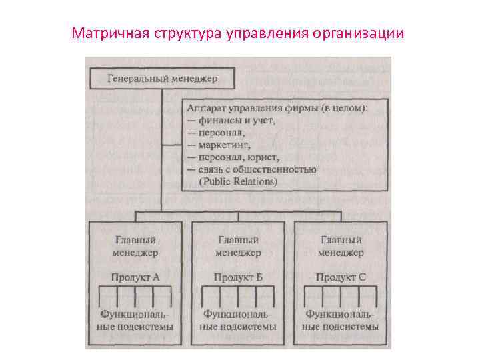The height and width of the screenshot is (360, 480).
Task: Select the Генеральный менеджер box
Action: (163, 79)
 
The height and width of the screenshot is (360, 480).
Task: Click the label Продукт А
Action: (136, 277)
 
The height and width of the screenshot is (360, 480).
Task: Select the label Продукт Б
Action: (238, 277)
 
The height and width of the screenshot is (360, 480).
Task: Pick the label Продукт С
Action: (341, 277)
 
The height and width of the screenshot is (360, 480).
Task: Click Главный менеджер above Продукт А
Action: (136, 246)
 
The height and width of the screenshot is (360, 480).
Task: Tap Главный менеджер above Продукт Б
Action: (238, 246)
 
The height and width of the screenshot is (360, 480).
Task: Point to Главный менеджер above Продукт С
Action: (341, 246)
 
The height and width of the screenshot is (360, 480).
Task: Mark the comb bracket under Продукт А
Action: (136, 296)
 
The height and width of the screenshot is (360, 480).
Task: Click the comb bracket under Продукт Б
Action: (238, 296)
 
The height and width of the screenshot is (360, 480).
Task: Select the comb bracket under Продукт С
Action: (341, 296)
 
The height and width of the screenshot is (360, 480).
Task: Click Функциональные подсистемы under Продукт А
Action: (136, 320)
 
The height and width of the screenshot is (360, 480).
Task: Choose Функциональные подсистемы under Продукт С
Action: (341, 320)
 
